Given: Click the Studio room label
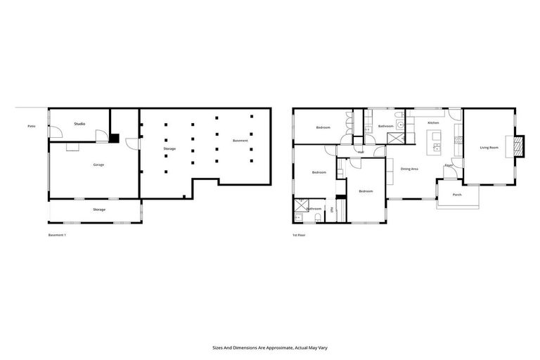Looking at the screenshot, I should click(79, 124).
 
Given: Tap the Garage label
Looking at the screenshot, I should click(98, 165).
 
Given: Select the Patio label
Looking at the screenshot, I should click(31, 126).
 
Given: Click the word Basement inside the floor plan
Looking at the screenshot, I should click(240, 141).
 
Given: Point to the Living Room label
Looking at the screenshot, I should click(489, 147).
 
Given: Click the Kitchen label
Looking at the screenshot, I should click(433, 123).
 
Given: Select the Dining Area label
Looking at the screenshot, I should click(410, 169).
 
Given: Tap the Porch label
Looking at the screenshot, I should click(457, 194).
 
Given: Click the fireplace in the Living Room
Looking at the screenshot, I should click(519, 145).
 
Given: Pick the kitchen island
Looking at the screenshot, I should click(437, 148).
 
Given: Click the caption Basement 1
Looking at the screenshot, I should click(56, 234).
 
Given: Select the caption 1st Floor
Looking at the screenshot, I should click(300, 234).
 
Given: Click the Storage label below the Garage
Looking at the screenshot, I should click(99, 210).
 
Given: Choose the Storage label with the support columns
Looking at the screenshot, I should click(169, 148).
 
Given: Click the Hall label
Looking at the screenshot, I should click(361, 152).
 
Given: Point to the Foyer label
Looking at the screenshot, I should click(448, 166).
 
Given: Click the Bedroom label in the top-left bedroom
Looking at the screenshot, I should click(323, 127).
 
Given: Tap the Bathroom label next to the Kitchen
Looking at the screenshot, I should click(385, 126).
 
